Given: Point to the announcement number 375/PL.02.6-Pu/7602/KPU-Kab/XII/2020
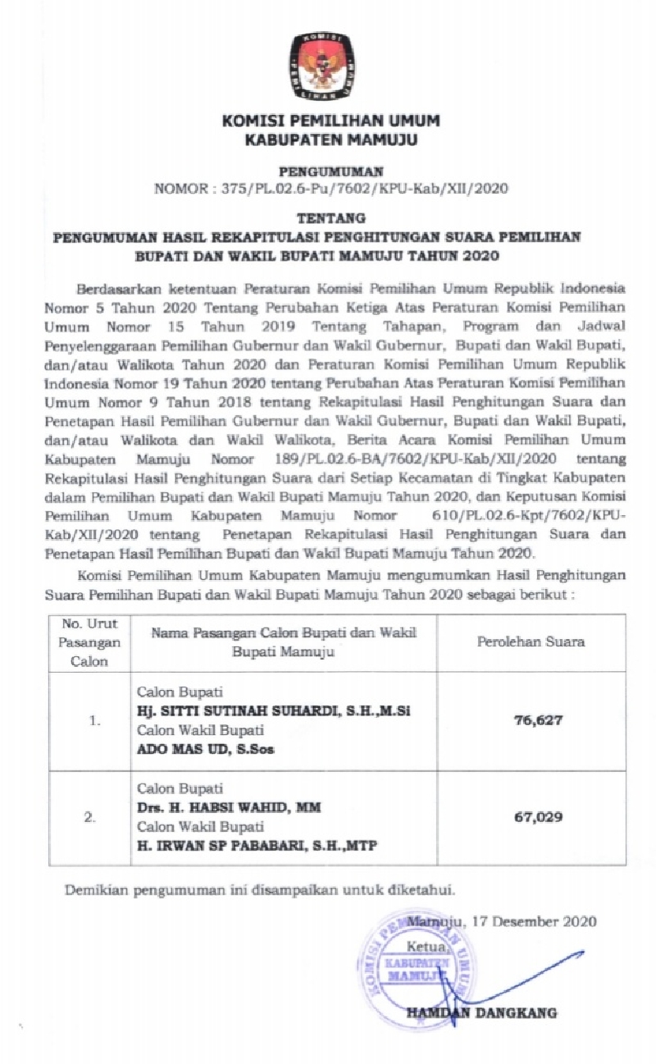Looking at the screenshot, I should pos(365,189).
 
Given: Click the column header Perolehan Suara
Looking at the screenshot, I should pos(531,642).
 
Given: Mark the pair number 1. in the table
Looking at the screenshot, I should pos(96,721).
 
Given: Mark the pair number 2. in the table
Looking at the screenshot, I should pos(96,817).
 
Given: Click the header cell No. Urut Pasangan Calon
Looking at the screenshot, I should pos(90,642).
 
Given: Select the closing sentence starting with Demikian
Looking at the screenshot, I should pos(260,890).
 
